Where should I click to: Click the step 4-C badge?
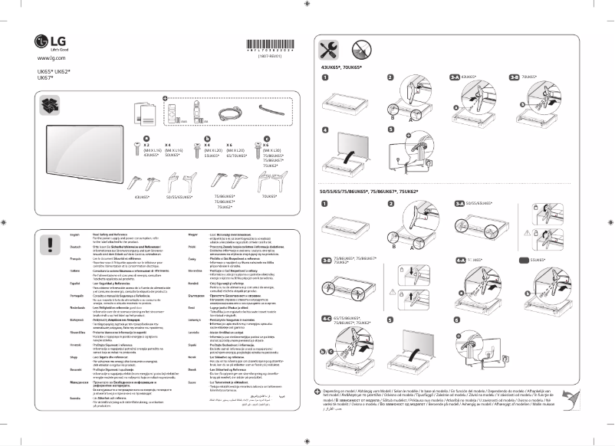[x=327, y=316]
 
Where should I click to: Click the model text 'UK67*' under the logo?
[x=46, y=77]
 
